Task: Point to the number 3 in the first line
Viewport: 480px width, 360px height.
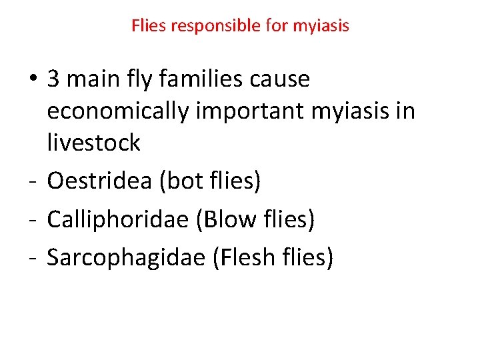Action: point(53,79)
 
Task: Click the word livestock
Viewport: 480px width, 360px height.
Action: point(93,142)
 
